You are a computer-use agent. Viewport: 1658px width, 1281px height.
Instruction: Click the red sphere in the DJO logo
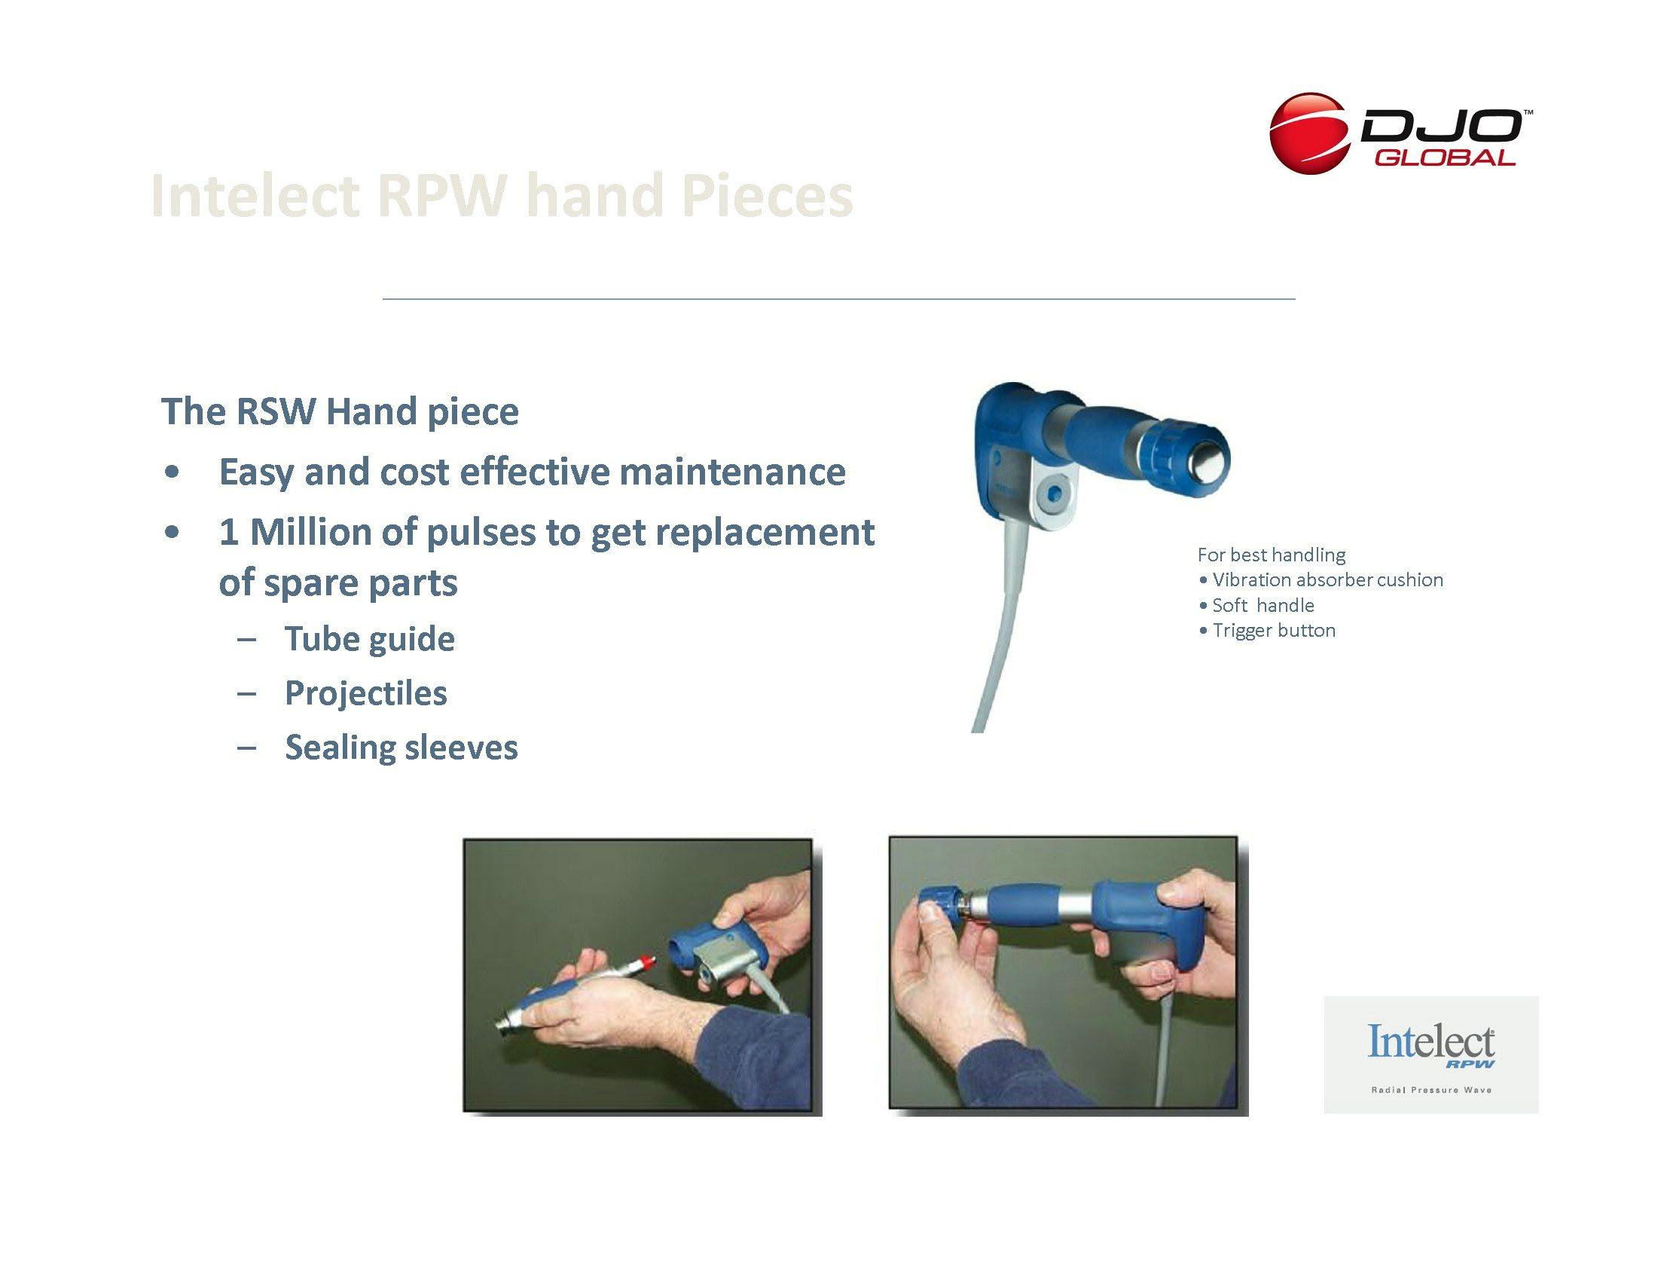[x=1311, y=133]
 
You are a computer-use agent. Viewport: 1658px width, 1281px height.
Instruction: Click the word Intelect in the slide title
[x=255, y=196]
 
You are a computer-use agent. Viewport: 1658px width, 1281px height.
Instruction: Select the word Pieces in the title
[x=767, y=196]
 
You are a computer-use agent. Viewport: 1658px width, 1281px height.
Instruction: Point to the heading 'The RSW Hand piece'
[x=340, y=411]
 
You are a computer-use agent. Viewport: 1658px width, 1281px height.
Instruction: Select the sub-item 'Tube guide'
[x=370, y=639]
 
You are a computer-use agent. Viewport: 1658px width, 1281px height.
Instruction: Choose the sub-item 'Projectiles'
[x=366, y=692]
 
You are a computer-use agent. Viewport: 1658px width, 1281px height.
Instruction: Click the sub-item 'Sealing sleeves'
[x=402, y=748]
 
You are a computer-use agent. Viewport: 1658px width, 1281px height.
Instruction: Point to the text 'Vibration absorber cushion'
[x=1328, y=580]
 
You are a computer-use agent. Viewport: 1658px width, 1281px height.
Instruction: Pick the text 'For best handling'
[x=1272, y=555]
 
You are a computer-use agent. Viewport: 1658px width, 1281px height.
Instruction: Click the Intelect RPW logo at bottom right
[x=1431, y=1054]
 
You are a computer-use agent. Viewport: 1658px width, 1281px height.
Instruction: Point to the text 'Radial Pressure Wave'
[x=1431, y=1090]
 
